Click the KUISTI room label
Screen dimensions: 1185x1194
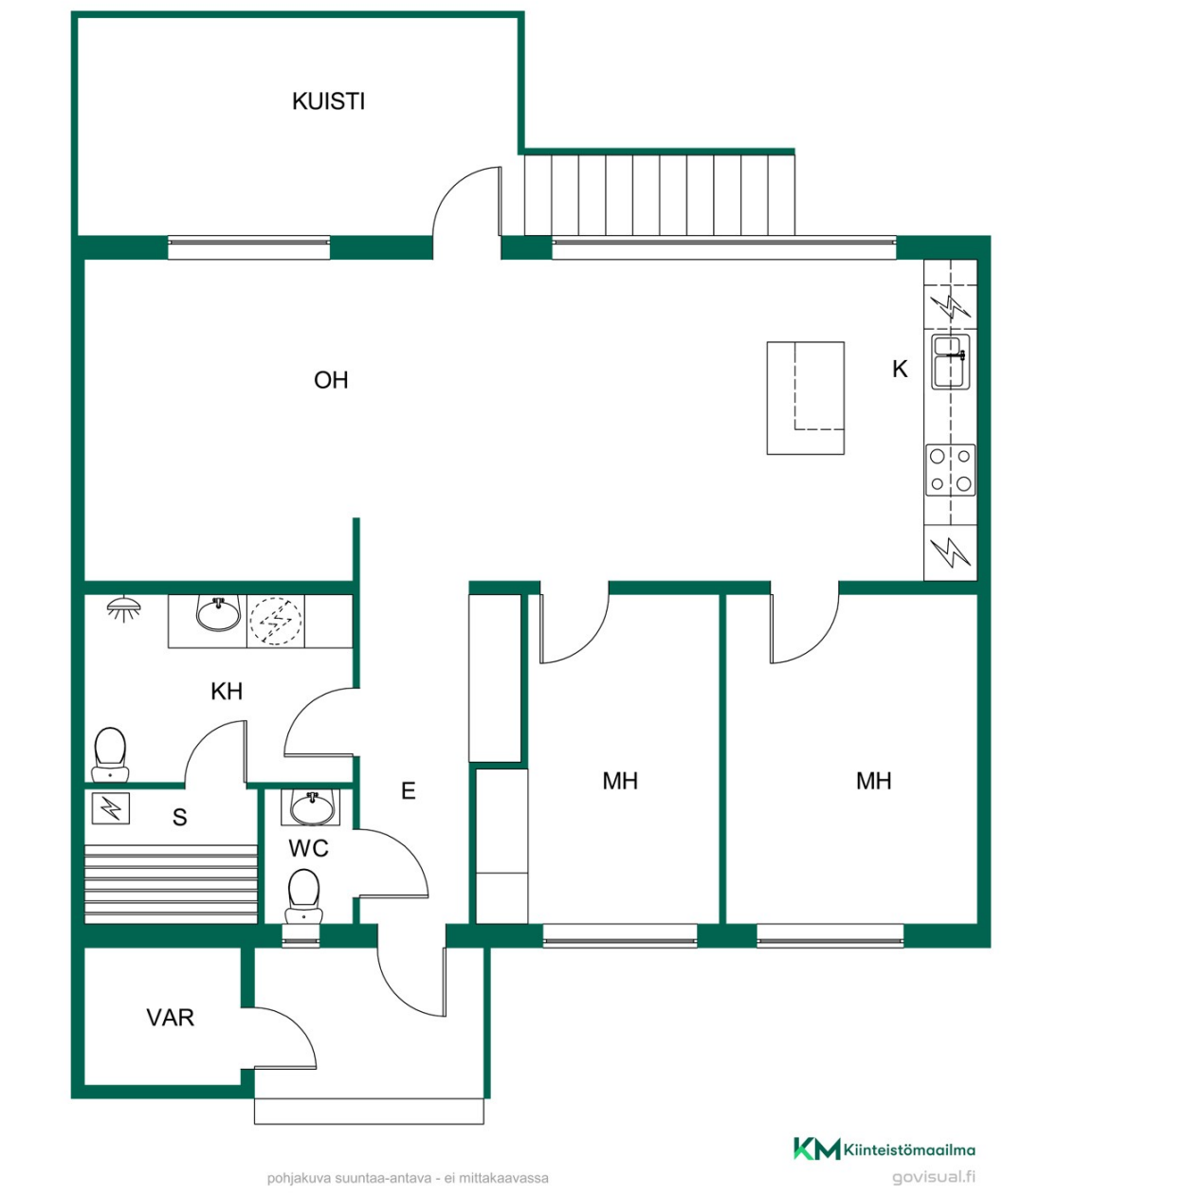point(328,101)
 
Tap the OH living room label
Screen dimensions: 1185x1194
point(331,380)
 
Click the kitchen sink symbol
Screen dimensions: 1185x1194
point(951,362)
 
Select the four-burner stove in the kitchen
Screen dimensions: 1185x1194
point(951,470)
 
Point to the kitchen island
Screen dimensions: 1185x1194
point(805,398)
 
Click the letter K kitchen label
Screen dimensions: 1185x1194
point(900,369)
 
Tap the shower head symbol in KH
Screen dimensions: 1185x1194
point(124,606)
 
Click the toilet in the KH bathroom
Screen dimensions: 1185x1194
point(110,754)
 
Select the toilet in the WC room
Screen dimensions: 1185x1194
point(303,896)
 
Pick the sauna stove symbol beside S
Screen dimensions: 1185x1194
point(110,807)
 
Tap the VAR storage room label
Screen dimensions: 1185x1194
point(170,1018)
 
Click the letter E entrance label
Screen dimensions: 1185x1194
point(408,790)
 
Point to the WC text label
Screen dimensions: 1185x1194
point(308,848)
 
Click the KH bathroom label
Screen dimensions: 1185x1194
point(227,691)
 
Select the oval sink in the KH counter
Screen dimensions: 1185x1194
point(217,613)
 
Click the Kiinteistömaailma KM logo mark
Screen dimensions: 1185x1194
point(816,1149)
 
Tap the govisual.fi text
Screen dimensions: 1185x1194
point(933,1176)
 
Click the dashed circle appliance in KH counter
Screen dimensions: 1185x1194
point(275,621)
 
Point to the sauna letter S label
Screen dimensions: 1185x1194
point(179,817)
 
